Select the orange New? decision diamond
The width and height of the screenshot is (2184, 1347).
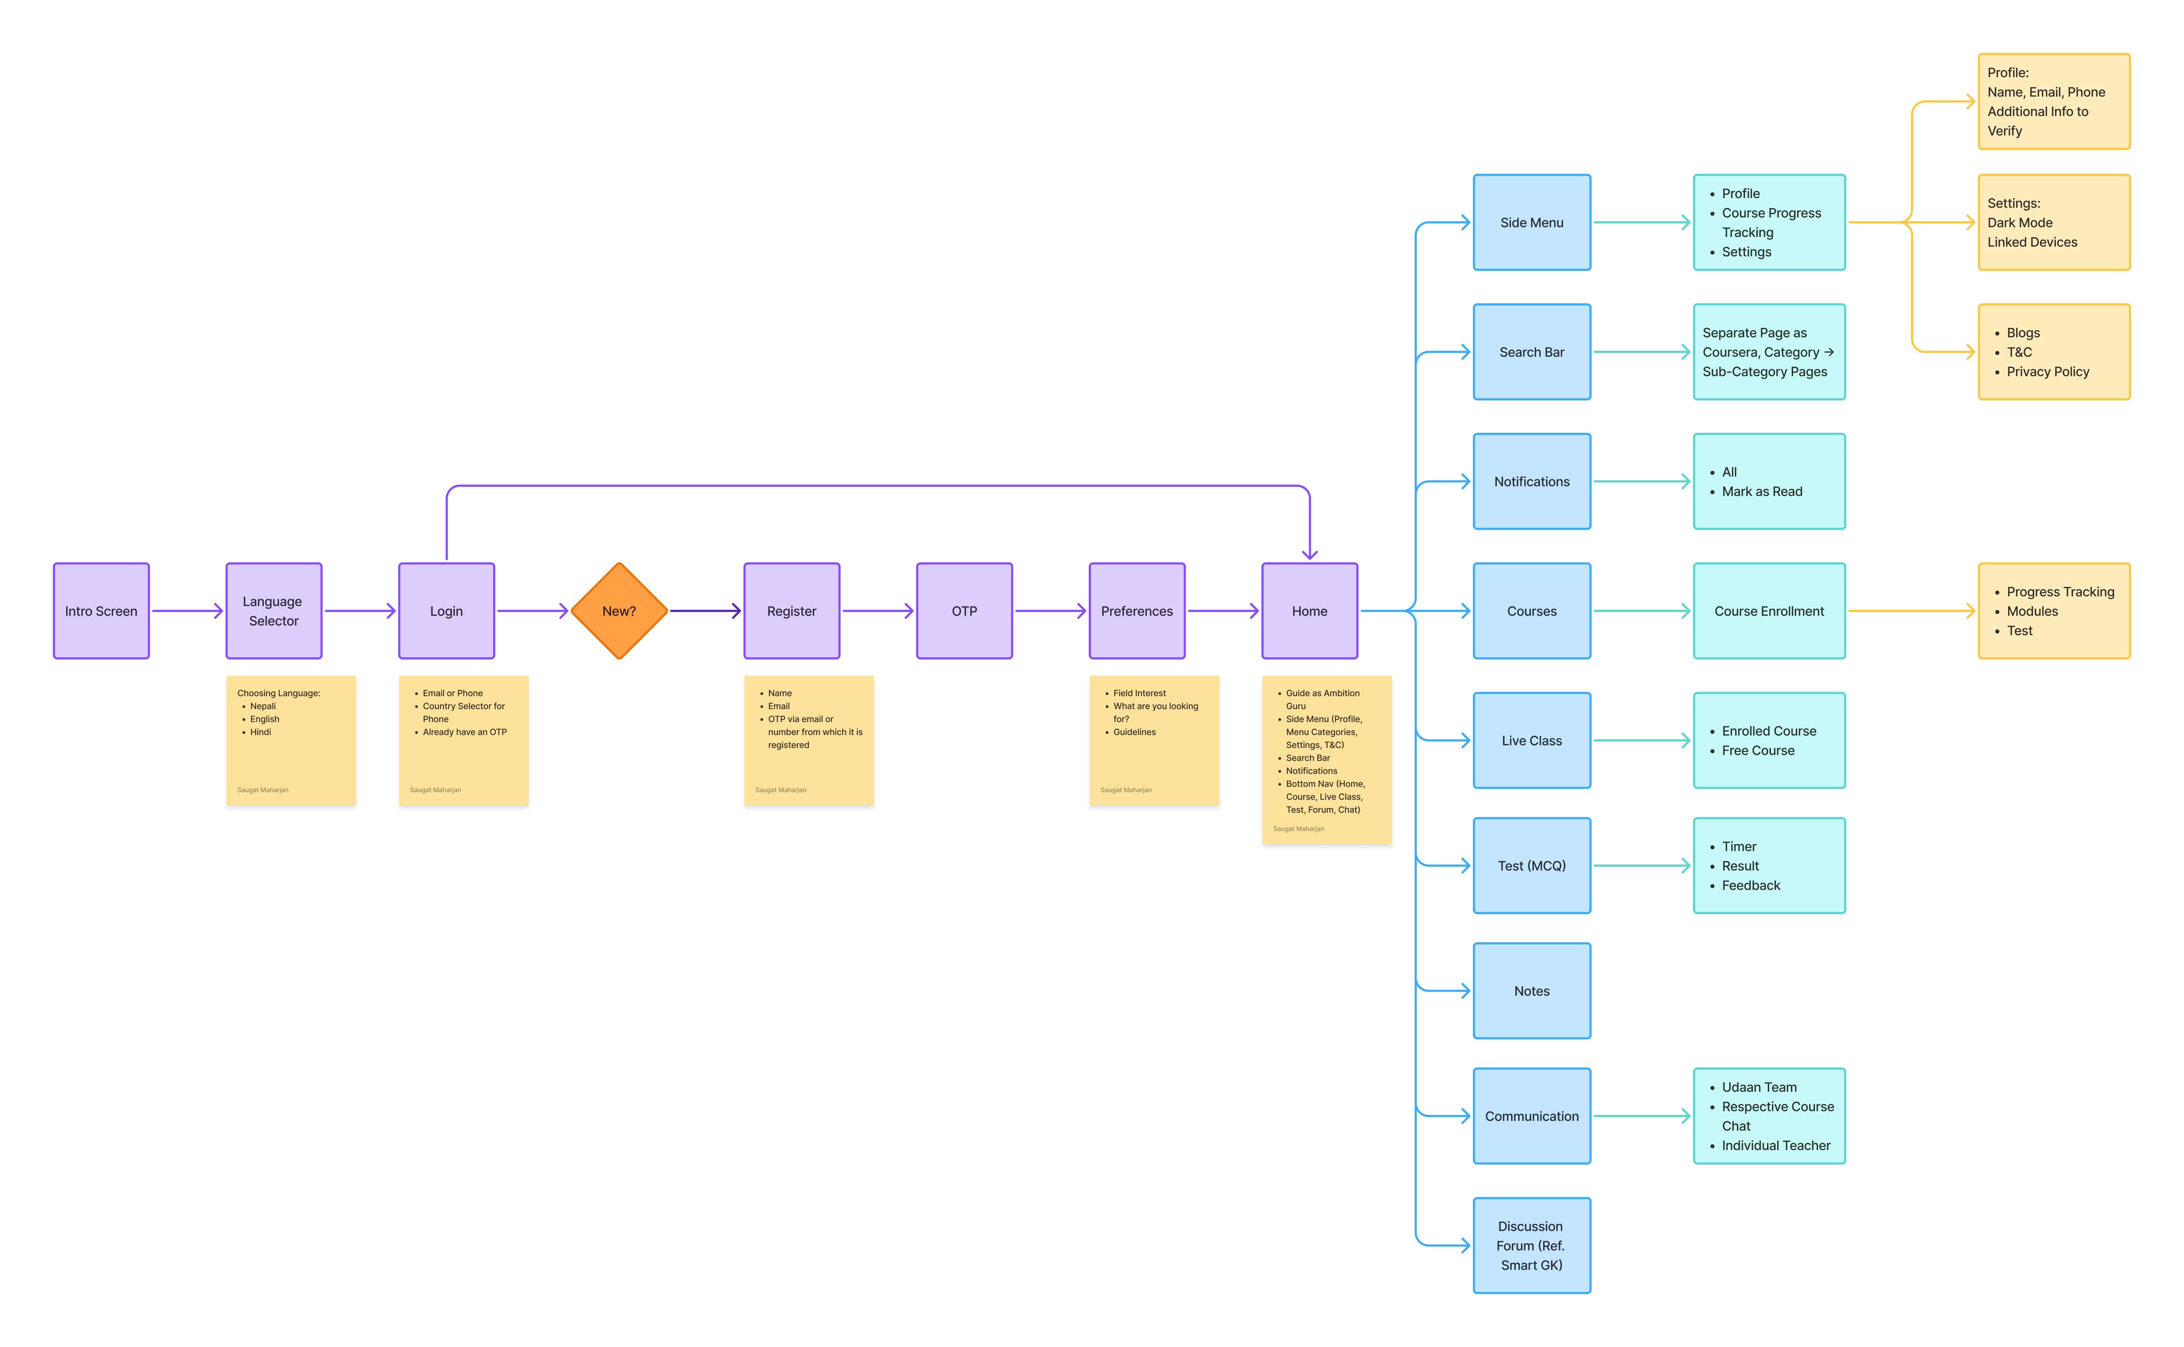(619, 611)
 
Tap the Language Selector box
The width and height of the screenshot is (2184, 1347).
(274, 611)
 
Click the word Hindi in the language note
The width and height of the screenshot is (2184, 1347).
(260, 732)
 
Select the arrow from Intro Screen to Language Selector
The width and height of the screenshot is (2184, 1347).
(187, 611)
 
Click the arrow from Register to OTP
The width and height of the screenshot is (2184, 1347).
(878, 611)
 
